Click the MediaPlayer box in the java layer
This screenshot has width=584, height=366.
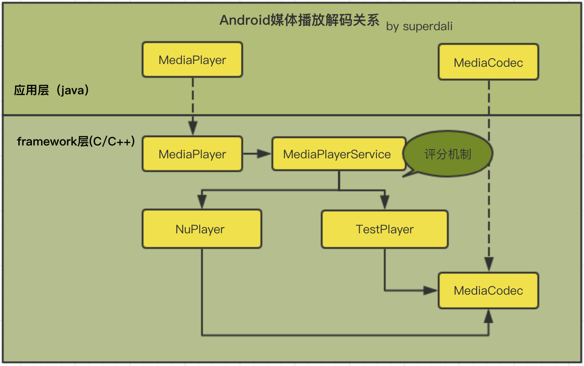tap(192, 60)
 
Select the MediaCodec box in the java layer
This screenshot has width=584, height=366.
tap(488, 62)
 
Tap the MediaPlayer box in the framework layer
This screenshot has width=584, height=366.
tap(192, 154)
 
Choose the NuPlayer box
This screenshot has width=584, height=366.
tap(202, 229)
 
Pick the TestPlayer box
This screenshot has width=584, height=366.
tap(385, 229)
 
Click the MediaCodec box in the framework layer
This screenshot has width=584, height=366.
tap(488, 291)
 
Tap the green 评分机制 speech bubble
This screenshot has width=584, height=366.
tap(448, 154)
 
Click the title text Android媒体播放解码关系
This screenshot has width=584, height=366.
tap(299, 21)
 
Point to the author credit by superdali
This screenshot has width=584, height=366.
tap(419, 27)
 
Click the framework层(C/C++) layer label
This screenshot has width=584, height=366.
tap(76, 142)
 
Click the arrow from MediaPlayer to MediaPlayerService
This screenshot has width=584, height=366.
tap(257, 154)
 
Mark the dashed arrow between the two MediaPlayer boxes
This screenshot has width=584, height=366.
tap(192, 105)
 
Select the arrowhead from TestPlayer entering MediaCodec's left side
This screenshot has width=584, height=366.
tap(430, 290)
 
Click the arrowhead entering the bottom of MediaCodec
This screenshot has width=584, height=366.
tap(488, 316)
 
